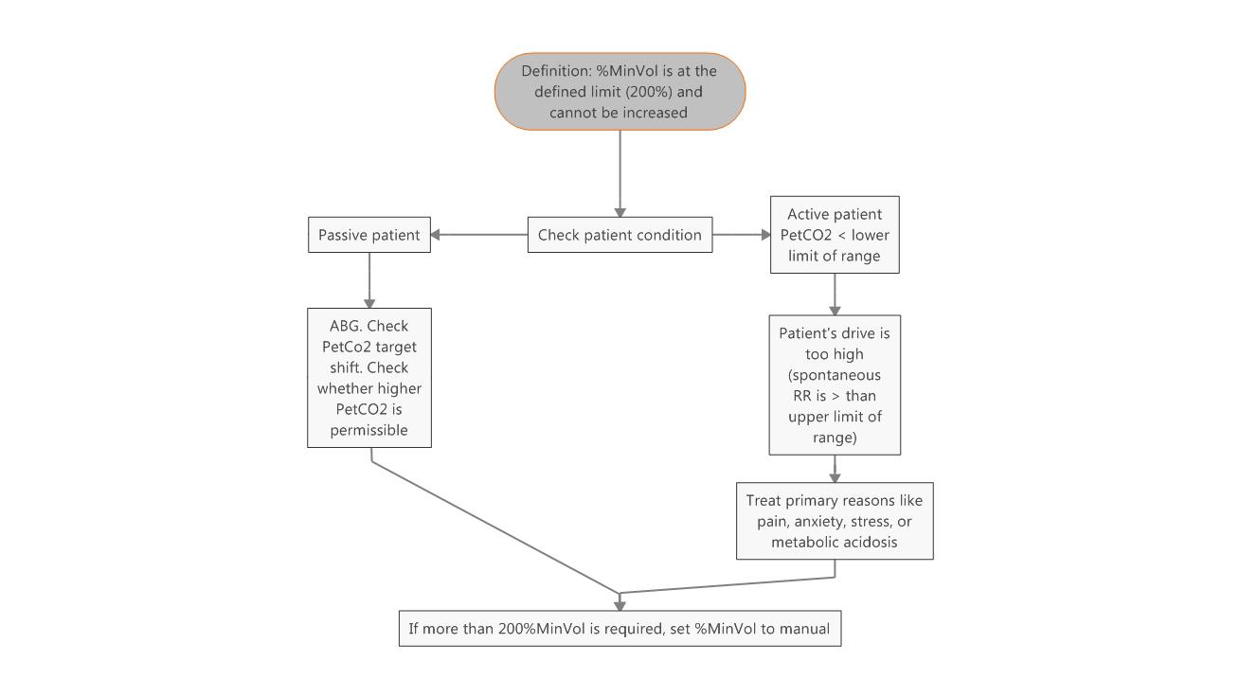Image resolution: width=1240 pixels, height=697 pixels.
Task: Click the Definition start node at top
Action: (620, 91)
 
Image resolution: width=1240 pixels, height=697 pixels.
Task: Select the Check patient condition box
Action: (620, 235)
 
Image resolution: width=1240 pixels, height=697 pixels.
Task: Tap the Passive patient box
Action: (368, 235)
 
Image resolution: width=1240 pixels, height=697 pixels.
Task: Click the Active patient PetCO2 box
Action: (834, 235)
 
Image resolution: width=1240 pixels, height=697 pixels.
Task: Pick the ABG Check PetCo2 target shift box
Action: (368, 377)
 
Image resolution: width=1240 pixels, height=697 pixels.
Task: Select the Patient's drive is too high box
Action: (834, 384)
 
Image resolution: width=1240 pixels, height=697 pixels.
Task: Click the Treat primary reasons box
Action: (834, 521)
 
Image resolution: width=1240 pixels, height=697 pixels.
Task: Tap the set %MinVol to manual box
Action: (620, 628)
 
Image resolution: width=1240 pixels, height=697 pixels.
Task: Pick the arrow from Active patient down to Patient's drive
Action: (835, 294)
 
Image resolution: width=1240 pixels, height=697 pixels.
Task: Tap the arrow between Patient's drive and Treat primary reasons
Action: (835, 469)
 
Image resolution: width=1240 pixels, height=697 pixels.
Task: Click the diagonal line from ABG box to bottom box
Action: (493, 526)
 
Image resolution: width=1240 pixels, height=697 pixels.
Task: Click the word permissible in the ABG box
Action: (368, 430)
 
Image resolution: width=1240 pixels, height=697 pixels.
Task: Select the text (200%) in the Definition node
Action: (645, 92)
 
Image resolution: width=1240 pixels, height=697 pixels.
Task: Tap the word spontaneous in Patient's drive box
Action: (834, 375)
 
